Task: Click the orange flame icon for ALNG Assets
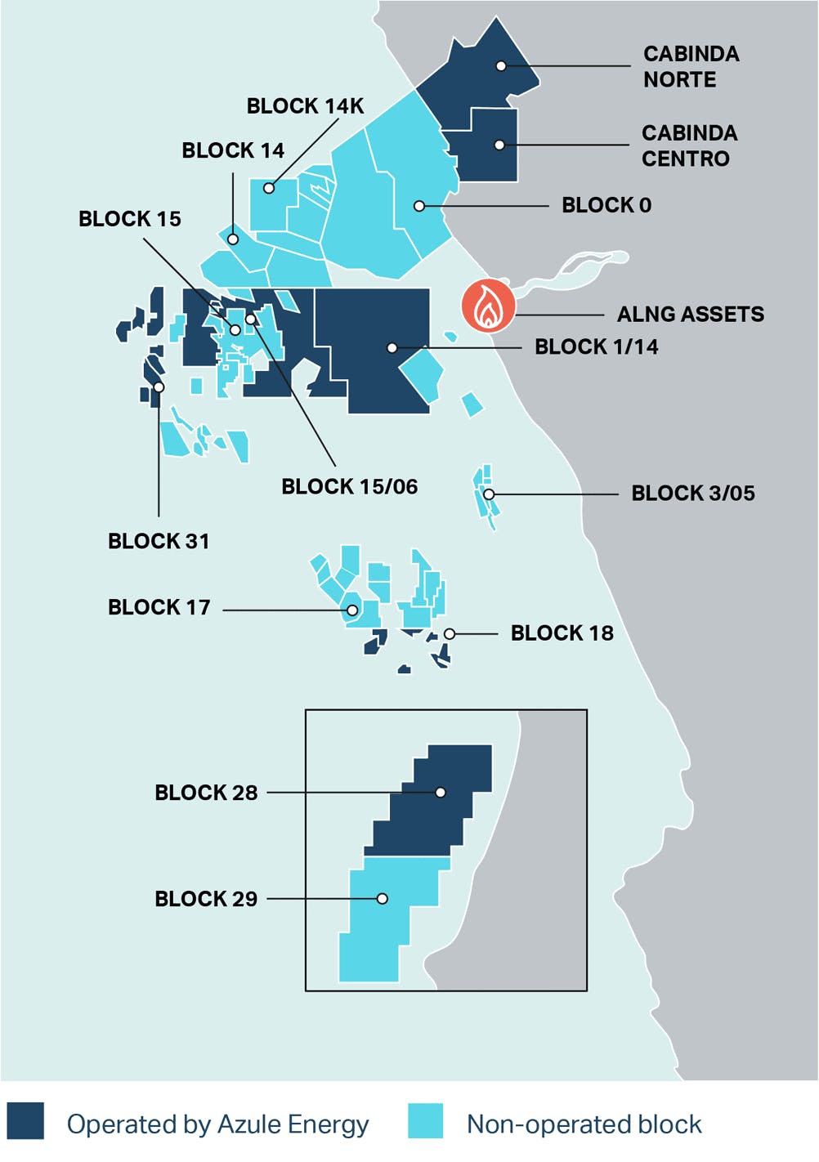click(x=488, y=306)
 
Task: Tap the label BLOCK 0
click(x=606, y=205)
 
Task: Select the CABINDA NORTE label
click(x=691, y=66)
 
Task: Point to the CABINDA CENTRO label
click(x=689, y=145)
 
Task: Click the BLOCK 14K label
click(x=305, y=106)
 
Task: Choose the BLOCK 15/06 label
click(x=349, y=487)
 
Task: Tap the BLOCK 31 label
click(x=159, y=541)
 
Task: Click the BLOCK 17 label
click(x=159, y=607)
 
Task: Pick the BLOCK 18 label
click(x=562, y=633)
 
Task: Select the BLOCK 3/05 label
click(x=692, y=494)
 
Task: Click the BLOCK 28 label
click(x=206, y=793)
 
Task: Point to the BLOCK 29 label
click(x=206, y=899)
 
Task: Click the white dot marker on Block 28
click(x=441, y=793)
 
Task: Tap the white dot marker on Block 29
click(x=382, y=899)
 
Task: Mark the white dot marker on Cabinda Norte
click(x=501, y=66)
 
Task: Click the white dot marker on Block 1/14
click(x=392, y=348)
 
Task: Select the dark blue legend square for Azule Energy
click(x=25, y=1121)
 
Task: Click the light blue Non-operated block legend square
click(x=426, y=1121)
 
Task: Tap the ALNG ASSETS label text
click(x=690, y=315)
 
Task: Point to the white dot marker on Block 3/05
click(x=489, y=494)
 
